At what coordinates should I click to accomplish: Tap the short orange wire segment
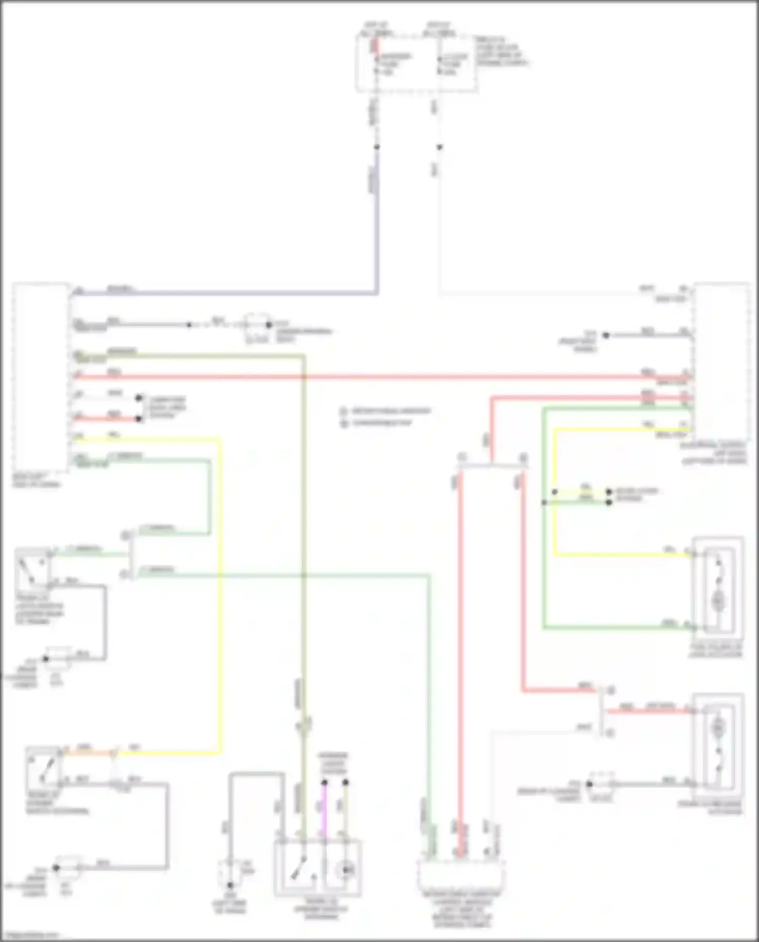click(89, 753)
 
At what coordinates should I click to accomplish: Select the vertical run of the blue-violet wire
click(376, 223)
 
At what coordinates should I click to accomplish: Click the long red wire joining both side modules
click(380, 377)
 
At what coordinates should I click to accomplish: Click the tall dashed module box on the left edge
click(41, 377)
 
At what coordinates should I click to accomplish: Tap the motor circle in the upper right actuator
click(717, 601)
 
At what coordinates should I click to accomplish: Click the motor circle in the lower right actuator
click(717, 728)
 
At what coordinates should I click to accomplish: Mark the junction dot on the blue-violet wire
click(377, 147)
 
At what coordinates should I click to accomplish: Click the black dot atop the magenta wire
click(325, 783)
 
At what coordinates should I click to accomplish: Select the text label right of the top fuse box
click(501, 51)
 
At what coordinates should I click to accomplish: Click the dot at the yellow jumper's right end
click(609, 492)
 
